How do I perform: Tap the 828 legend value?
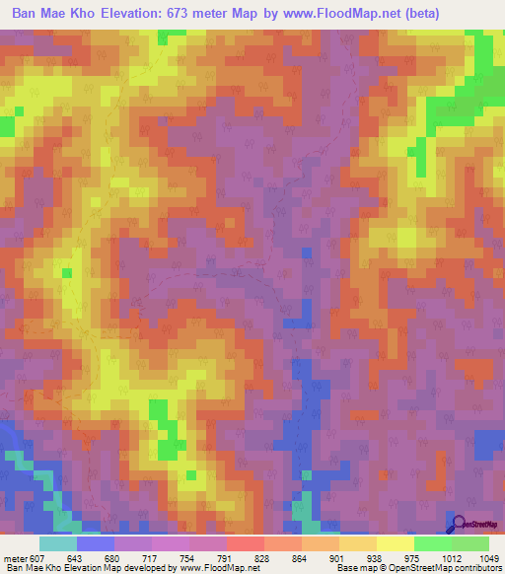pos(244,558)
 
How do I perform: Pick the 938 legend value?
pos(356,558)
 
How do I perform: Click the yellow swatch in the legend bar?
pos(395,543)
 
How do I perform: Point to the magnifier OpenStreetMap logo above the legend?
pos(476,526)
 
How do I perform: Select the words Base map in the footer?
pos(356,568)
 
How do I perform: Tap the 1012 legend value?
pos(453,558)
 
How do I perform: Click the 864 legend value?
pos(282,558)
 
